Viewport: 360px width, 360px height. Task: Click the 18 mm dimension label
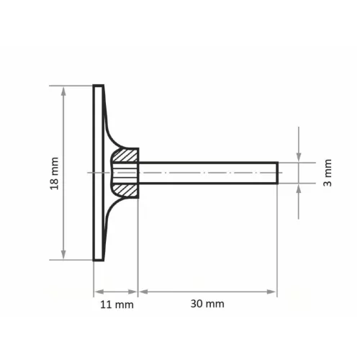click(x=55, y=174)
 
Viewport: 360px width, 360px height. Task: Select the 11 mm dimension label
click(x=117, y=305)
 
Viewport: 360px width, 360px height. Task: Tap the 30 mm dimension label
click(x=207, y=304)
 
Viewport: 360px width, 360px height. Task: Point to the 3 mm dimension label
click(x=328, y=173)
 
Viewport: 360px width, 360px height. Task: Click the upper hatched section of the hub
click(x=125, y=156)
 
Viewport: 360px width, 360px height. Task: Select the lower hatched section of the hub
click(x=125, y=190)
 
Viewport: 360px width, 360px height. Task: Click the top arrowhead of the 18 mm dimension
click(x=63, y=91)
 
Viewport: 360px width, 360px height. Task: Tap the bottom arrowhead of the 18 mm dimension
click(x=63, y=255)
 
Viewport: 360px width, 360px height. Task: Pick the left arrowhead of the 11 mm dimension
click(x=99, y=292)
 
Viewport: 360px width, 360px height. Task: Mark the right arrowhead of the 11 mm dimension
click(x=132, y=292)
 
